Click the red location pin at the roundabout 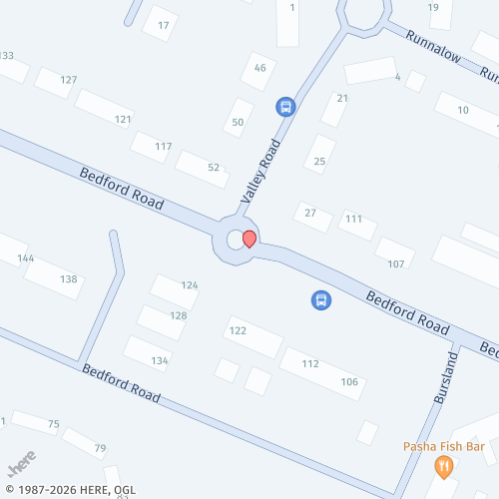(249, 238)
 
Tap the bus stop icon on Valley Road (285, 106)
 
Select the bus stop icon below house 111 (321, 299)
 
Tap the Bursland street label (444, 377)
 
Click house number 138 (68, 278)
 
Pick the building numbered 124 (190, 285)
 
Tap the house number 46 (260, 68)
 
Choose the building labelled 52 (214, 168)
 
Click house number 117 (164, 147)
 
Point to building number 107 (395, 263)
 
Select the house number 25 (320, 161)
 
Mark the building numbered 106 (349, 382)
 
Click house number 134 (160, 360)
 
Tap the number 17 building (163, 23)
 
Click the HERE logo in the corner (21, 464)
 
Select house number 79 (100, 448)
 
